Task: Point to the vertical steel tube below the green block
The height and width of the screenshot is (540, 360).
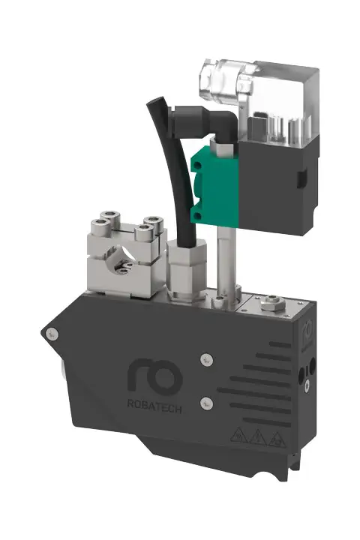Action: tap(225, 255)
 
